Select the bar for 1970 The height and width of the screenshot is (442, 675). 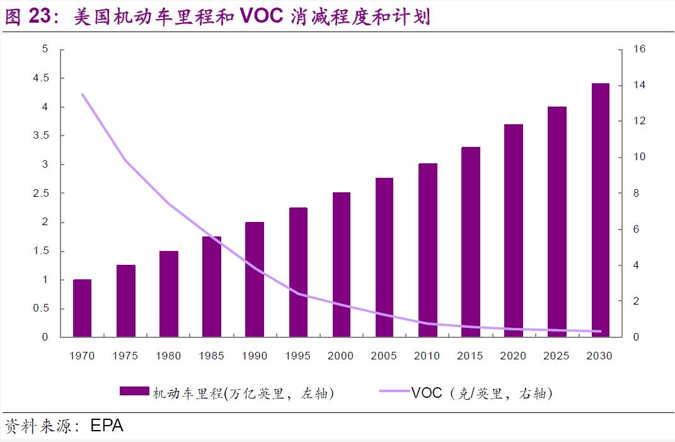tap(82, 308)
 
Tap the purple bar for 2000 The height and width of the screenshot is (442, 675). tap(341, 265)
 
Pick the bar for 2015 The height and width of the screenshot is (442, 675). tap(471, 242)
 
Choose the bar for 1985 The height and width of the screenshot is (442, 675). tap(212, 287)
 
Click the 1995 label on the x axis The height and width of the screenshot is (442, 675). tap(297, 356)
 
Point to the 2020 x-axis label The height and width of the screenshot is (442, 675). tap(513, 356)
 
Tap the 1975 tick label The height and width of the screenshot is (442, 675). tap(125, 356)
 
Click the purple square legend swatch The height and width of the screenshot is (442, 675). tap(134, 392)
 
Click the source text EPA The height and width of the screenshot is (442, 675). tap(107, 426)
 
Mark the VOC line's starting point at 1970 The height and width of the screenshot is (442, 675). tap(83, 95)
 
